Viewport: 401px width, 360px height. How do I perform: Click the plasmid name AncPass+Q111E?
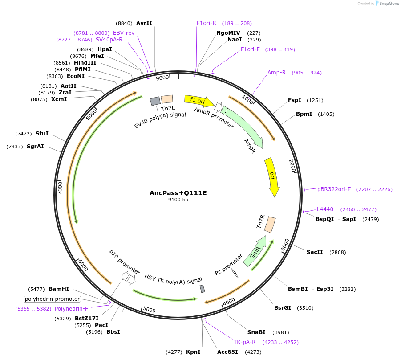178,193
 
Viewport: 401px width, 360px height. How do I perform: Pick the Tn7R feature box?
270,224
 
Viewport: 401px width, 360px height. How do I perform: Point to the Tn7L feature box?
167,99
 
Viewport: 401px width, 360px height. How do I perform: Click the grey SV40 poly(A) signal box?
155,101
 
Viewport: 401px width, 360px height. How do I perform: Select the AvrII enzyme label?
144,23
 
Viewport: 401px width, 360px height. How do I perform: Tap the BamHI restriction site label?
59,289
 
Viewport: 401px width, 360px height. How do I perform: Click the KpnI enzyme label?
193,352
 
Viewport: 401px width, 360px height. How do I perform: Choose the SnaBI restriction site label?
256,332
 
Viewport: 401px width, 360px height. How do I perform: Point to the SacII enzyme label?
315,252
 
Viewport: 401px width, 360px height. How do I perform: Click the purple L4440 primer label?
325,209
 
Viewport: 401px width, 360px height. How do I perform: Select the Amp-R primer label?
276,73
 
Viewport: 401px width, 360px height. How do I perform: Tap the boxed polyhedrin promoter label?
53,299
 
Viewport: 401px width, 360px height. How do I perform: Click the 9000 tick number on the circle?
162,78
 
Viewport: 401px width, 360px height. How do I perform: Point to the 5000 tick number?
150,310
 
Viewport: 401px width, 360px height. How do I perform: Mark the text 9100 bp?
178,200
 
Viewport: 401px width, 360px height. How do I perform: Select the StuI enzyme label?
42,134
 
